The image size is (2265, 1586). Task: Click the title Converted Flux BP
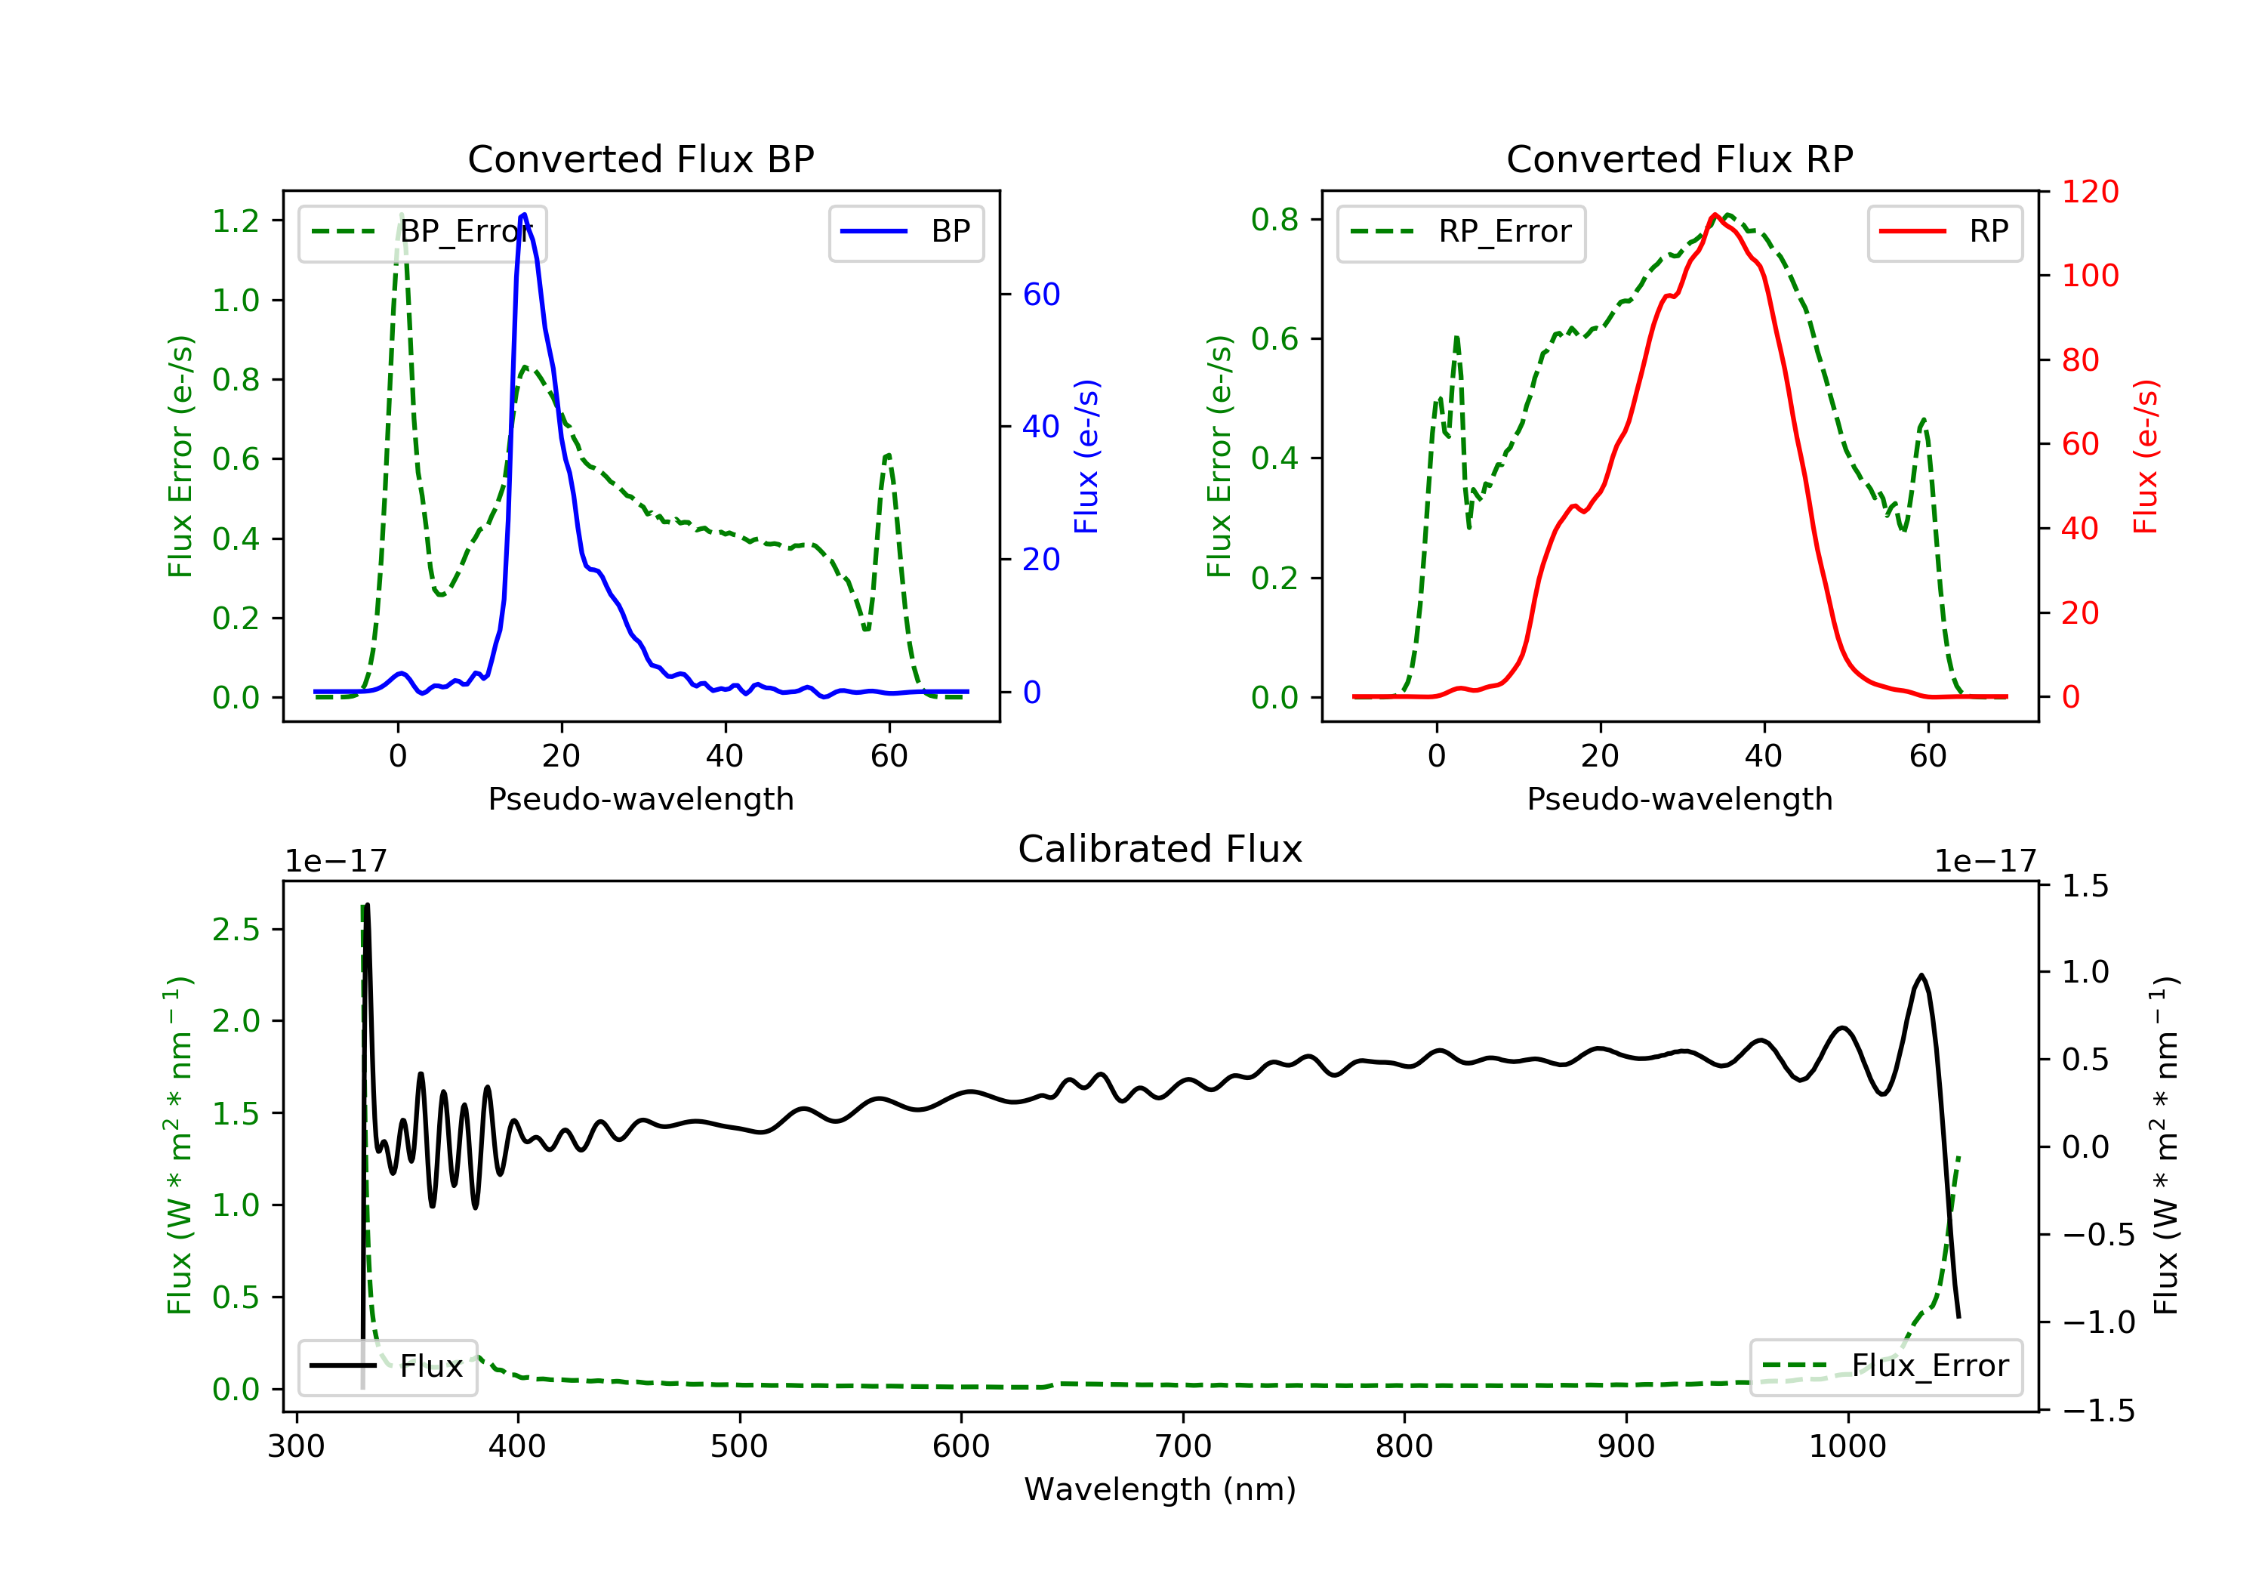pyautogui.click(x=640, y=159)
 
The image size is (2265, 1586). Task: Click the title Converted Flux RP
pyautogui.click(x=1679, y=159)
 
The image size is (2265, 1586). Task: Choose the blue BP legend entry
pyautogui.click(x=905, y=232)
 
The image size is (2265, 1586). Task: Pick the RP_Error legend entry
pyautogui.click(x=1460, y=232)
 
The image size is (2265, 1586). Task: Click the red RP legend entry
pyautogui.click(x=1944, y=232)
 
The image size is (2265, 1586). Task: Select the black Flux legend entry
pyautogui.click(x=388, y=1366)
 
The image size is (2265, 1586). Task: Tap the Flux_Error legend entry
pyautogui.click(x=1885, y=1366)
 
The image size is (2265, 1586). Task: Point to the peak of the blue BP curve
pyautogui.click(x=523, y=214)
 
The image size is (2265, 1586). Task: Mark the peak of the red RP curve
pyautogui.click(x=1715, y=215)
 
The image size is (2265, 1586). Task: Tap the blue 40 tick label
pyautogui.click(x=1040, y=427)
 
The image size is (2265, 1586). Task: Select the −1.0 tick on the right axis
pyautogui.click(x=2098, y=1322)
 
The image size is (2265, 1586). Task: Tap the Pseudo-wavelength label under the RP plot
pyautogui.click(x=1679, y=798)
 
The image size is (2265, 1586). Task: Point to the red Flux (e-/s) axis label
pyautogui.click(x=2146, y=457)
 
